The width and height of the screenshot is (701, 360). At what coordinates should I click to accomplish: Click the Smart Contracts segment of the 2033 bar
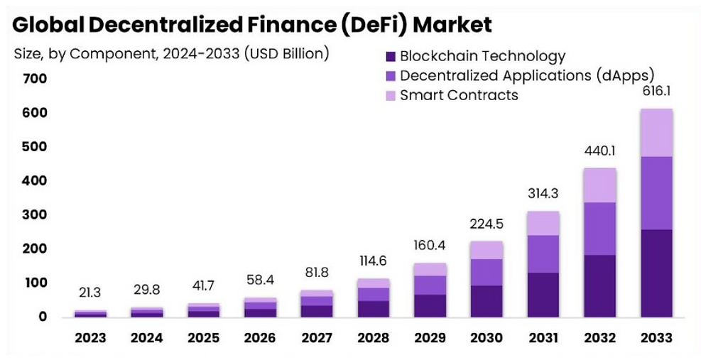[656, 132]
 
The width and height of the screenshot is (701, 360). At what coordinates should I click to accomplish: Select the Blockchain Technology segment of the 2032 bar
[600, 285]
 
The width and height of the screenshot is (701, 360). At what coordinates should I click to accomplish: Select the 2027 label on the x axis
[316, 338]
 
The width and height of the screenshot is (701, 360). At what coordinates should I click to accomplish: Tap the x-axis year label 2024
[147, 338]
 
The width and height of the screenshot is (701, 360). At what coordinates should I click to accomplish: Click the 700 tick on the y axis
[34, 78]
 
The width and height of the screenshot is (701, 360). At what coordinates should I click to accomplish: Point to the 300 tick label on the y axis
[34, 214]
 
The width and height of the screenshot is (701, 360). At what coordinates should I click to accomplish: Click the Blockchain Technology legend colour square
[389, 56]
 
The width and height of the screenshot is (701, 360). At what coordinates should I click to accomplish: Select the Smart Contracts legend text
[459, 94]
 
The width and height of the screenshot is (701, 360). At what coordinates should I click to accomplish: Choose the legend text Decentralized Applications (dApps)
[526, 75]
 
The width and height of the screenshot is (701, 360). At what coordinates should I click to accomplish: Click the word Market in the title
[452, 25]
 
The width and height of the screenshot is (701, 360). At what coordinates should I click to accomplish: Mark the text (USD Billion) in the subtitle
[286, 54]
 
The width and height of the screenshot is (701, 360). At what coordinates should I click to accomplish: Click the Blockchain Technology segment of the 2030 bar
[487, 300]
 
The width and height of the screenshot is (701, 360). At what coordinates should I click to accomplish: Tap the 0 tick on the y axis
[42, 317]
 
